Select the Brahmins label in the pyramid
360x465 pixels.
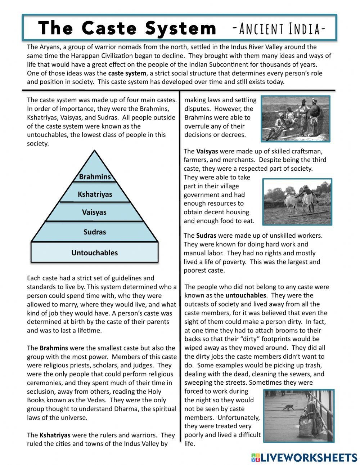point(95,177)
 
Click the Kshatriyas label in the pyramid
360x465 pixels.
point(95,195)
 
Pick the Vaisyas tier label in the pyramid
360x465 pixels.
point(94,212)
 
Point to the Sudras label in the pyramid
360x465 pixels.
point(95,232)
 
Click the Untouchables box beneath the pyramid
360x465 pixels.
point(94,252)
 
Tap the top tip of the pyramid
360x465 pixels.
point(95,151)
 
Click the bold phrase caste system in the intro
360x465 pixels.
point(127,73)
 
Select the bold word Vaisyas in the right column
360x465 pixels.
point(207,151)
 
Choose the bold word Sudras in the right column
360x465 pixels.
point(206,236)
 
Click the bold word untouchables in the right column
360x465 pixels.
point(246,295)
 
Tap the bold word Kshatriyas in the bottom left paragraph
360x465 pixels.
point(55,435)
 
